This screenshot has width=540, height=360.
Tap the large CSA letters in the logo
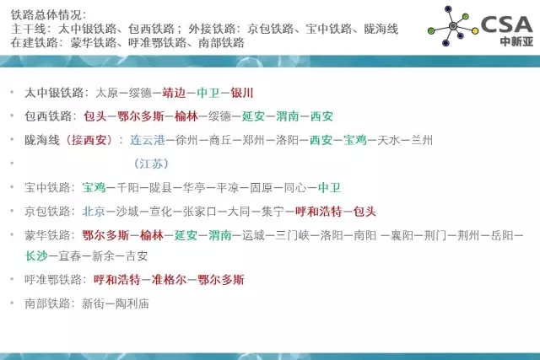coord(506,24)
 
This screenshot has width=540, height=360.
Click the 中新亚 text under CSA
coord(516,41)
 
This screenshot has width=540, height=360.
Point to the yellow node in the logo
coord(475,31)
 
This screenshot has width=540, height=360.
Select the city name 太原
coord(106,93)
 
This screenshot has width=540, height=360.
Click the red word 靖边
coord(174,93)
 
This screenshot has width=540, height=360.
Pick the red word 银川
coord(242,93)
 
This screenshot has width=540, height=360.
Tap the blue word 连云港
coord(148,140)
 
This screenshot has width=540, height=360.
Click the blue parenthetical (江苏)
coord(151,164)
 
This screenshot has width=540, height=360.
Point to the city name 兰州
coord(422,140)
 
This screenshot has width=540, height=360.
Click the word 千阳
coord(127,187)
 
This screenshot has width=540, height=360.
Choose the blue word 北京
coord(94,212)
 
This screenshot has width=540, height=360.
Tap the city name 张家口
coord(200,212)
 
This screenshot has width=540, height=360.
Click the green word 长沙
coord(36,256)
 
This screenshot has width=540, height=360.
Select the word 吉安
coord(137,256)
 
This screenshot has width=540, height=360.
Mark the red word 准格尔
coord(169,279)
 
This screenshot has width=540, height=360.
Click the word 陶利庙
coord(132,304)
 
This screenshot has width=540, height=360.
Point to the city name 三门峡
coord(293,235)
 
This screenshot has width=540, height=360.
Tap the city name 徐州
coord(186,140)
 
